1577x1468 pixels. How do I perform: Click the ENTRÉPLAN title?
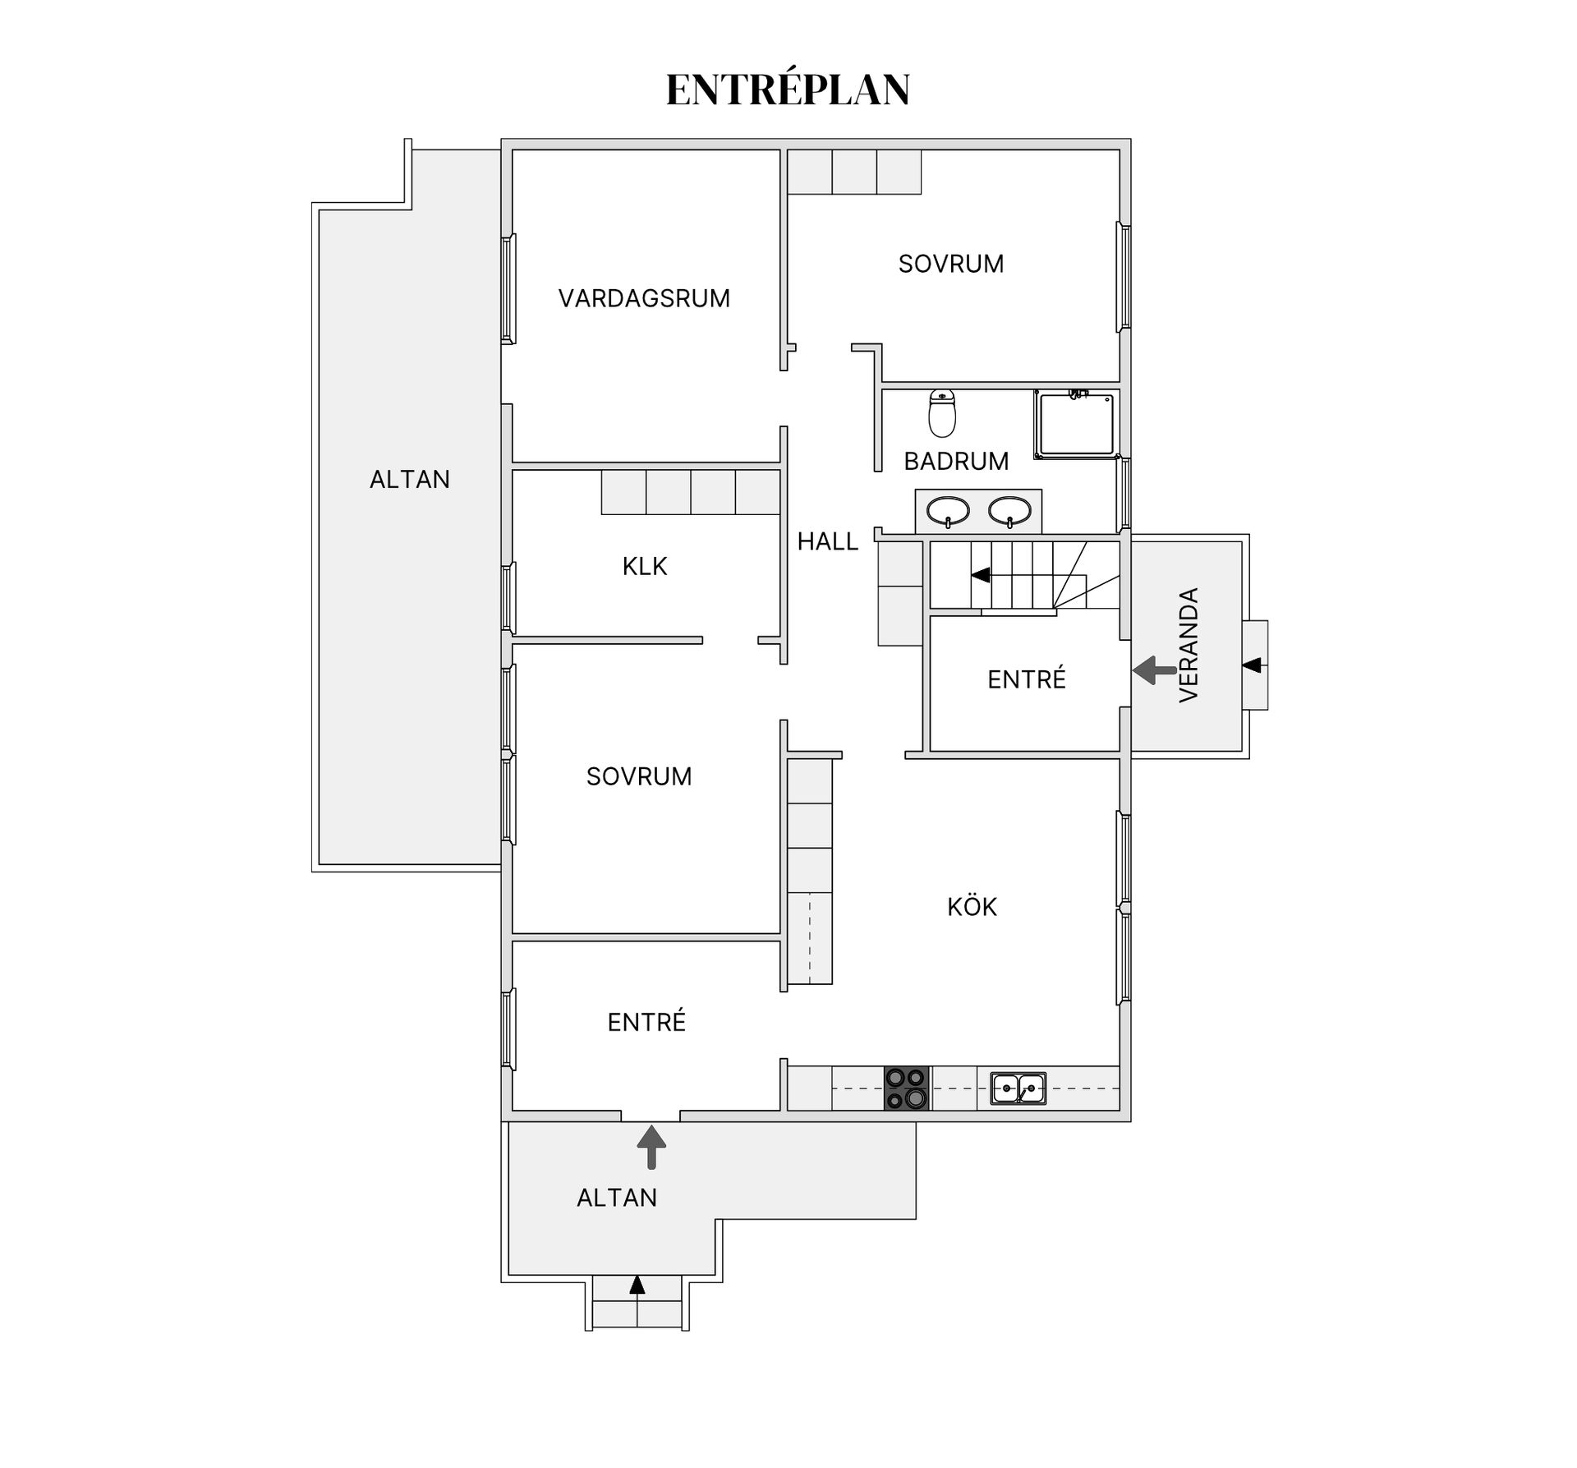(788, 90)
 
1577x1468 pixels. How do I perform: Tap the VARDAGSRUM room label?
(644, 298)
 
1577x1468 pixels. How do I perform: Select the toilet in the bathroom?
(942, 412)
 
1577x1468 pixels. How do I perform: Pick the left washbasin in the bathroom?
(948, 511)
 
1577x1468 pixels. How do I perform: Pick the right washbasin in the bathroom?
(1009, 511)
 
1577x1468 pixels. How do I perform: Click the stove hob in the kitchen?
(906, 1088)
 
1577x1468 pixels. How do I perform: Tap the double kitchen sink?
(1018, 1088)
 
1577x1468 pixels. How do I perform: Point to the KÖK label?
(972, 907)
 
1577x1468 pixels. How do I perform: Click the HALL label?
(827, 541)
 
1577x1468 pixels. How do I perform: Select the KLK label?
(645, 566)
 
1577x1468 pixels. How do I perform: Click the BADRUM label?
(956, 462)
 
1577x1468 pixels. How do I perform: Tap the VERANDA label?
(1188, 645)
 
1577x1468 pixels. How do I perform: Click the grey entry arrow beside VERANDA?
(1154, 670)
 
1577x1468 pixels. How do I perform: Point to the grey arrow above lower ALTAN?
(651, 1147)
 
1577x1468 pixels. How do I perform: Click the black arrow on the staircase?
(981, 575)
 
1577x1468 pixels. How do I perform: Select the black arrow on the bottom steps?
(637, 1285)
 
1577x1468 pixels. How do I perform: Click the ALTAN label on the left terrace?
(409, 480)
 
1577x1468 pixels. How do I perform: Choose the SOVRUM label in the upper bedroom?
(950, 264)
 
